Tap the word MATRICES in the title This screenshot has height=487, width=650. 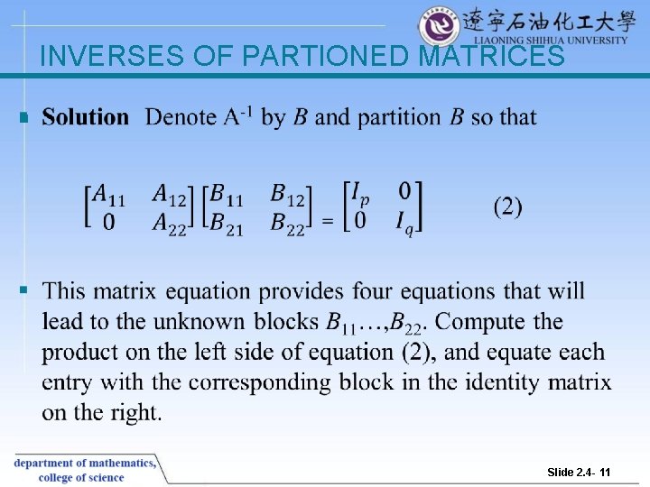493,56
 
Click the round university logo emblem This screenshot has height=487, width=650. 439,26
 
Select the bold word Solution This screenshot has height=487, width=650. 86,117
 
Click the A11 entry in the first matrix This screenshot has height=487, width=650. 111,194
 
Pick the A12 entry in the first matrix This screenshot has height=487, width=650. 169,194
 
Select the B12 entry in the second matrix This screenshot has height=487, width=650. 288,194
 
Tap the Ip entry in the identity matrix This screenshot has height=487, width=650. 359,194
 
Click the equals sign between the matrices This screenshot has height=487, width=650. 329,220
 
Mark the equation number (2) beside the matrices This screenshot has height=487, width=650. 507,207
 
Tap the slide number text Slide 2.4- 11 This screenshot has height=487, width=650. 579,473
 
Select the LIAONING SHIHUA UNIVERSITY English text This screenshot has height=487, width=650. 551,40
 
